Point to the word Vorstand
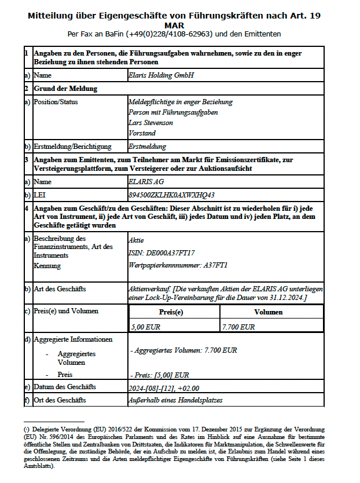(142, 133)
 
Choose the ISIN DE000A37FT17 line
(161, 253)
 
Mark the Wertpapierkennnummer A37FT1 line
(178, 265)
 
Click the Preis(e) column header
(171, 312)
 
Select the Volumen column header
(269, 312)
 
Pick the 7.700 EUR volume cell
(238, 327)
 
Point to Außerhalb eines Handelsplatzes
(175, 400)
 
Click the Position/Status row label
(56, 102)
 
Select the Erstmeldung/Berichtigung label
(72, 147)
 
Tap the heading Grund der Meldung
(65, 89)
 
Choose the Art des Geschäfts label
(60, 288)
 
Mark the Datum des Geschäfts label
(65, 387)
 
